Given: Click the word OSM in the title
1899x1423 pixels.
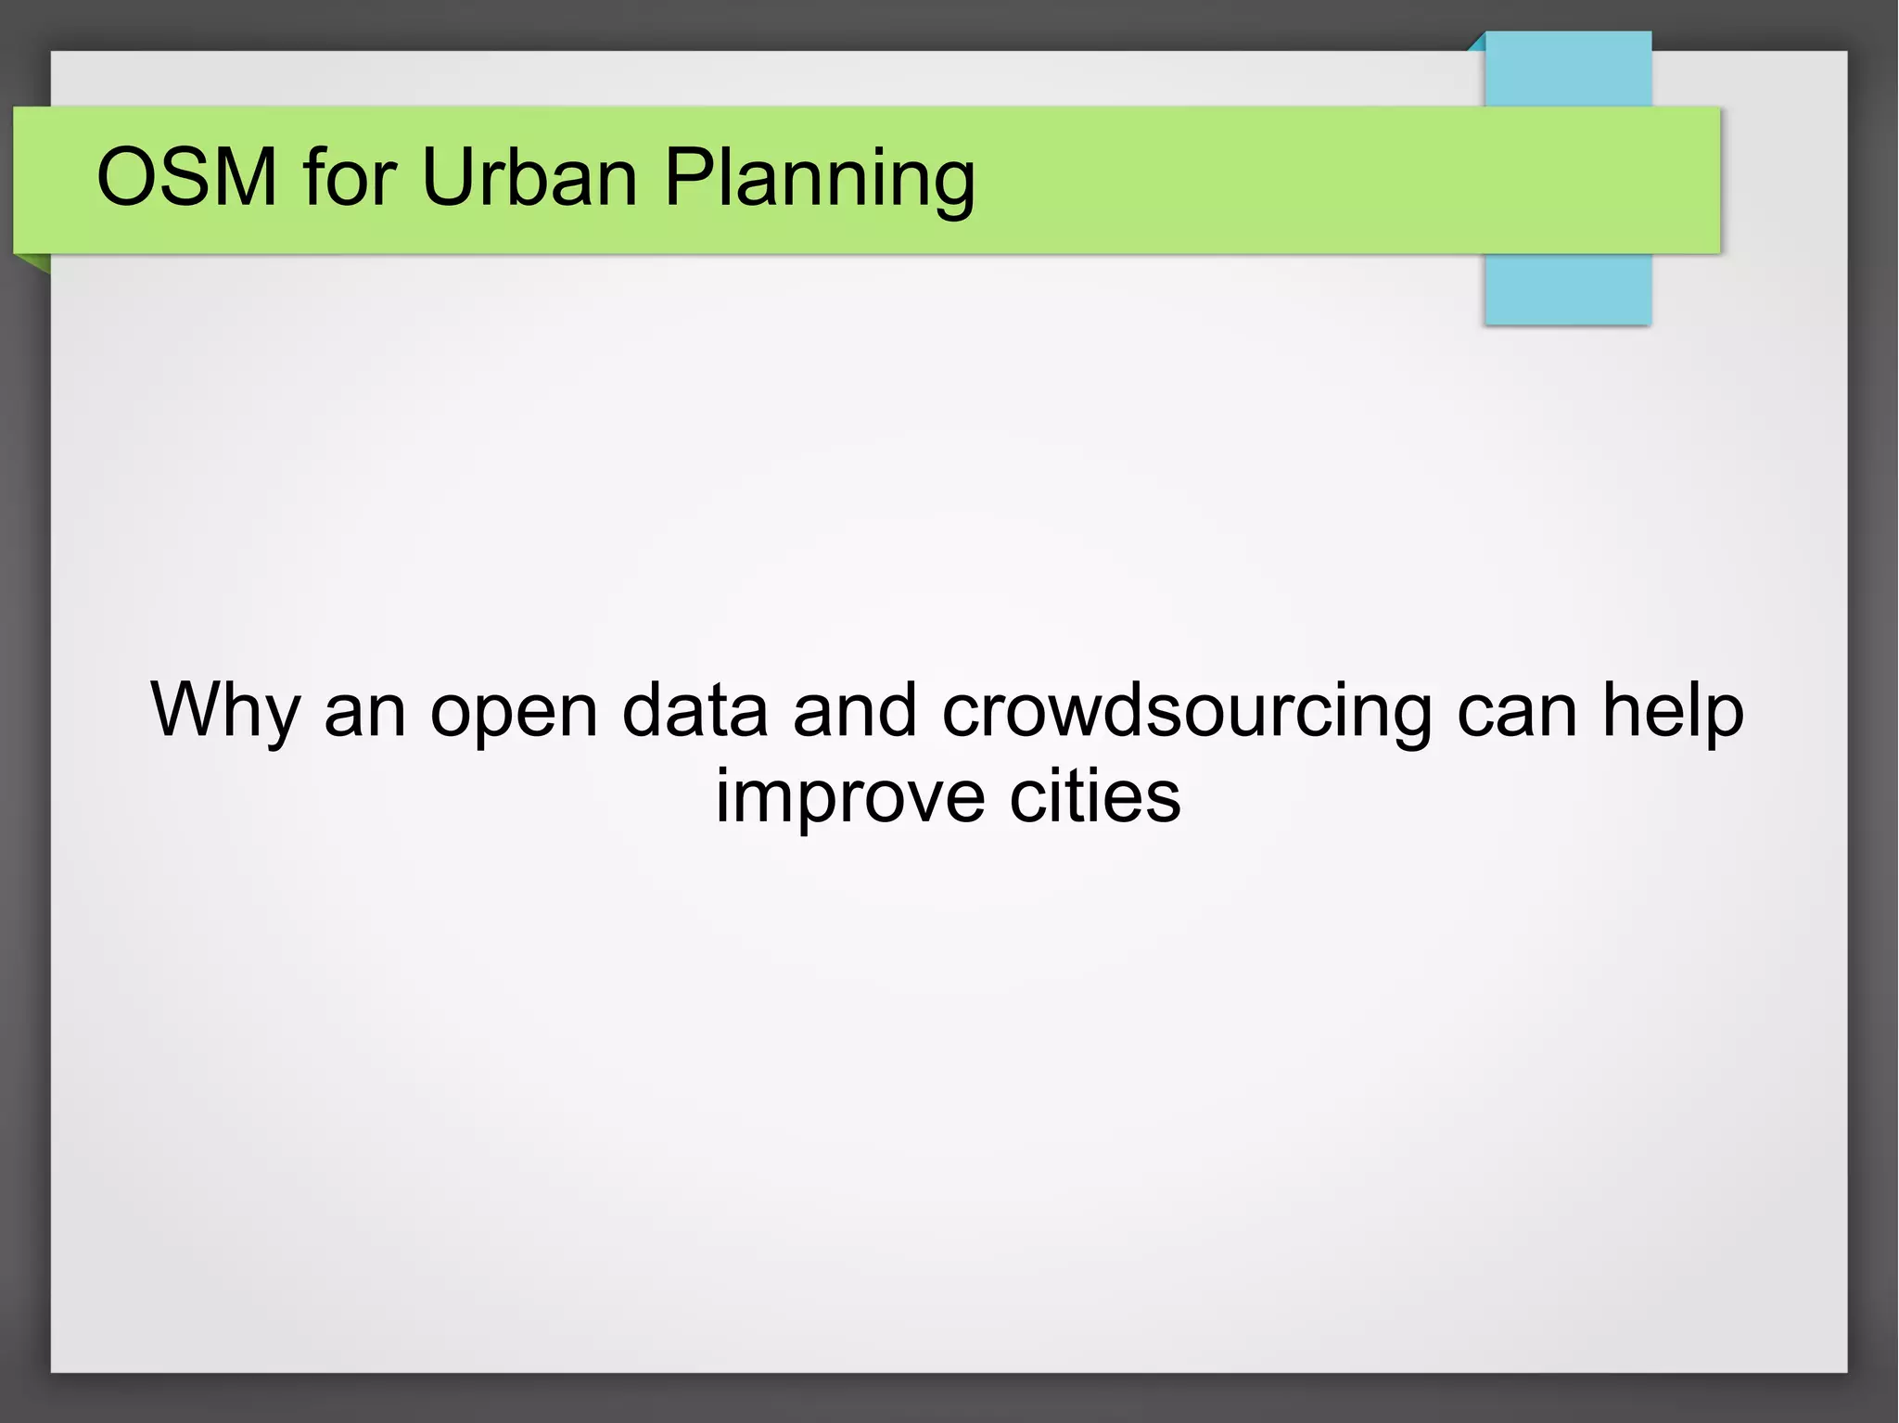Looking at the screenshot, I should pyautogui.click(x=186, y=177).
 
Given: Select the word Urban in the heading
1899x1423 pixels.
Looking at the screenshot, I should pyautogui.click(x=529, y=177).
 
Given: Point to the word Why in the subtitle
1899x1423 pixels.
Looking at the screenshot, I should pyautogui.click(x=224, y=712).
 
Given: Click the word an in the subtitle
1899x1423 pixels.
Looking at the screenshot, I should pyautogui.click(x=364, y=712).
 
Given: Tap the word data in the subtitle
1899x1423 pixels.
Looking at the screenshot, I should pyautogui.click(x=695, y=710).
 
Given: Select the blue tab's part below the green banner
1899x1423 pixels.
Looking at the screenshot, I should pyautogui.click(x=1568, y=289).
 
